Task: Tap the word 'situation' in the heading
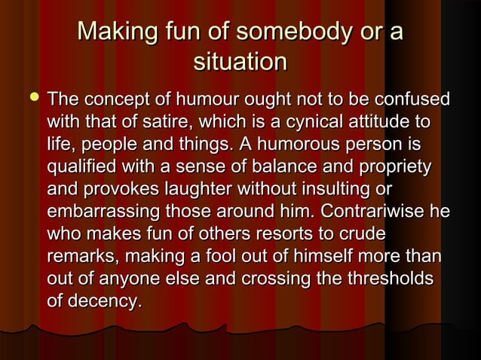(x=240, y=62)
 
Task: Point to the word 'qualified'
(x=79, y=163)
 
